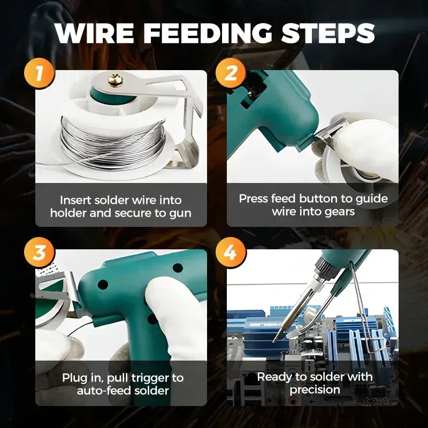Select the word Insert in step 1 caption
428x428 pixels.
(x=75, y=200)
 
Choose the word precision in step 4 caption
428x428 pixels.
(x=315, y=390)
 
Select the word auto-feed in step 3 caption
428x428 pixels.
(x=101, y=391)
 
